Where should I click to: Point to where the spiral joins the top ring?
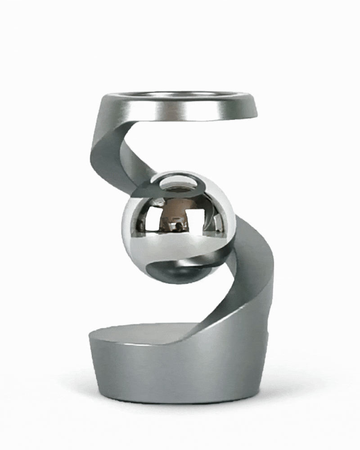(x=108, y=112)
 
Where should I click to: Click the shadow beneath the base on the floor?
(x=180, y=407)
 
